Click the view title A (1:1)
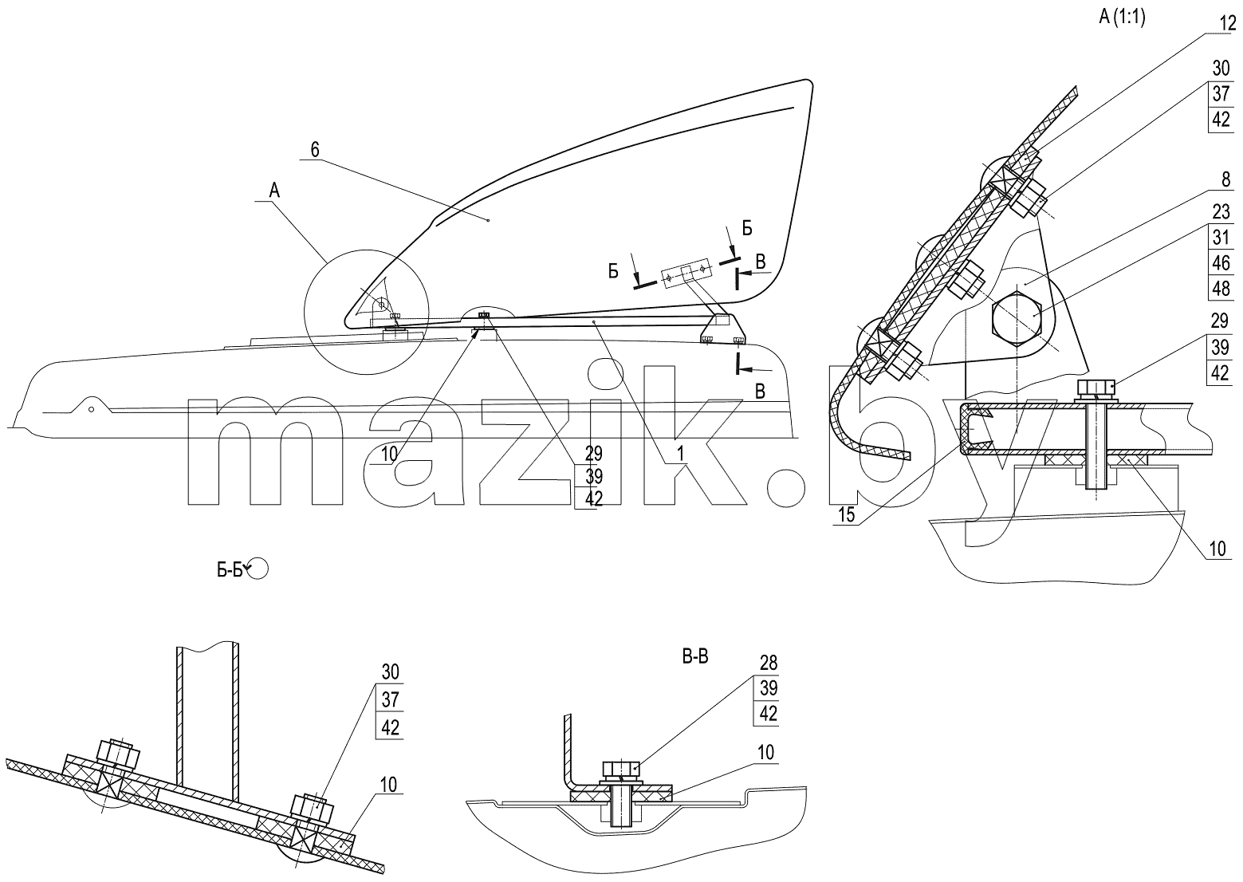(1122, 18)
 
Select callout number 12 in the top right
(1228, 24)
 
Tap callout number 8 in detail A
(1225, 179)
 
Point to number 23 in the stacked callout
(1221, 211)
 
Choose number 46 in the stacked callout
(1221, 262)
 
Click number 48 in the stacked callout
(1221, 288)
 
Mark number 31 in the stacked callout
(1221, 237)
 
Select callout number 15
(847, 514)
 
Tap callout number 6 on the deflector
(315, 149)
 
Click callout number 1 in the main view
(680, 454)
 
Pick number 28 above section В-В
(768, 663)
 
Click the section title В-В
(694, 657)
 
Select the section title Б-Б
(230, 570)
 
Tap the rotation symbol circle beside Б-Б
(258, 568)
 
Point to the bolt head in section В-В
(622, 770)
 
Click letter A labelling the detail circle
(274, 191)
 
